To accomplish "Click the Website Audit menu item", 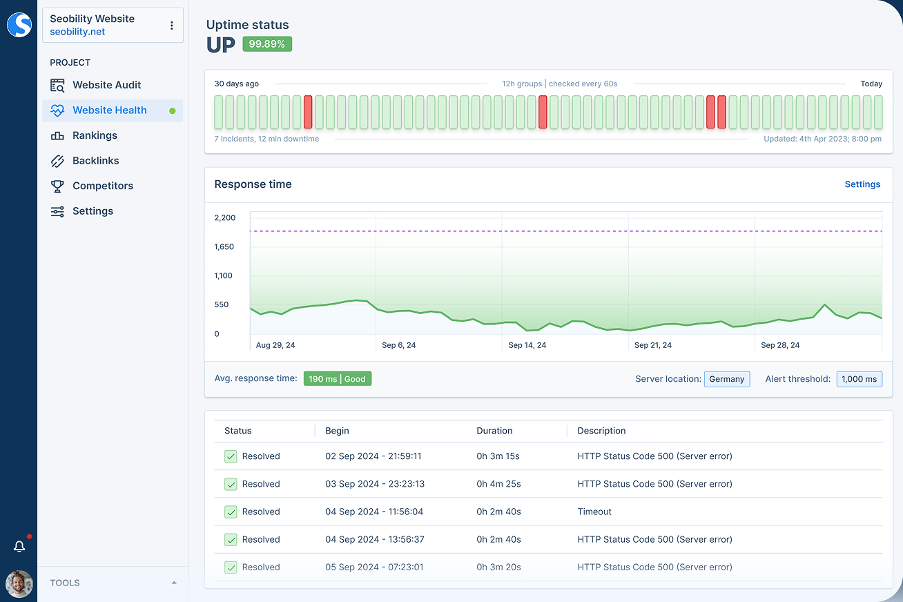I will click(x=106, y=85).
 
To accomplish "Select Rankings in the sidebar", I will click(x=95, y=135).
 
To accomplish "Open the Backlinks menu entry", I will click(x=95, y=161).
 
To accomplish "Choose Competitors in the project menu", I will click(x=102, y=186).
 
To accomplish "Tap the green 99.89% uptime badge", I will click(x=267, y=44).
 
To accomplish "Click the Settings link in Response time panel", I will click(x=862, y=184).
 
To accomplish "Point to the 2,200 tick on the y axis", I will click(x=225, y=217).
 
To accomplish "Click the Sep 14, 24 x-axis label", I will click(x=527, y=345).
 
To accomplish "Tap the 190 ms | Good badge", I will click(x=338, y=379).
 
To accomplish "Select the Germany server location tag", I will click(x=727, y=379).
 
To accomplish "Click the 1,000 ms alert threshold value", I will click(x=859, y=379).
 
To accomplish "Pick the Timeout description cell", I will click(x=594, y=512).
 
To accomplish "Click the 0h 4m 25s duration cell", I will click(x=498, y=484).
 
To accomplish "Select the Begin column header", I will click(x=337, y=431).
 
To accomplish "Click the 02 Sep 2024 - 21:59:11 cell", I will click(x=373, y=456).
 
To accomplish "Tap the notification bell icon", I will click(x=19, y=546).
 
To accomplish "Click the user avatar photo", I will click(x=19, y=583).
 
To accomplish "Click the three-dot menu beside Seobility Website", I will click(x=172, y=26).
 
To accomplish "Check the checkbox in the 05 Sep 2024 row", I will click(x=231, y=567).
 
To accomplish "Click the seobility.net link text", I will click(x=77, y=32).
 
